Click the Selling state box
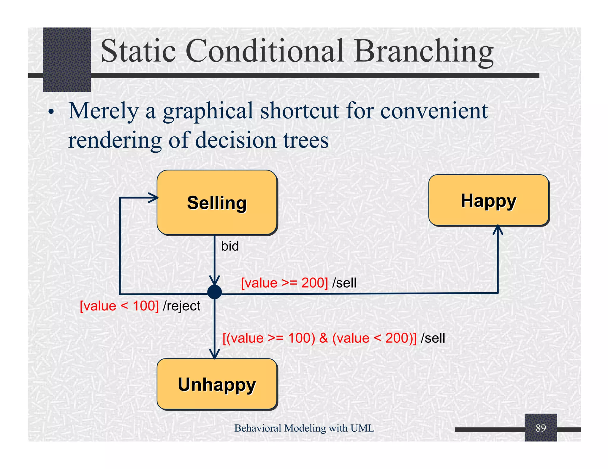[x=217, y=202]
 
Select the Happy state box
[x=489, y=200]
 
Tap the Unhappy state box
[x=217, y=384]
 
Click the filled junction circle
[x=214, y=292]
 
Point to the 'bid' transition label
[x=230, y=246]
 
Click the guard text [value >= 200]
[x=284, y=283]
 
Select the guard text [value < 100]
[x=119, y=306]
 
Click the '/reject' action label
[x=182, y=306]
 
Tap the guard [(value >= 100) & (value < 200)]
[x=319, y=338]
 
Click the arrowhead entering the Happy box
[x=498, y=229]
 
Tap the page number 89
[x=541, y=428]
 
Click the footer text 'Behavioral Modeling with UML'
[x=304, y=428]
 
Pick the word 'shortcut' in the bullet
[x=300, y=111]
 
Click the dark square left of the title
[x=67, y=59]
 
